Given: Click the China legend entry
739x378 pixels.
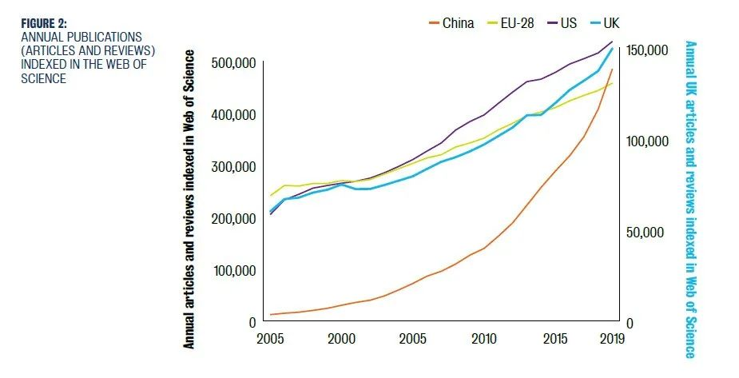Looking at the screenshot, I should [451, 22].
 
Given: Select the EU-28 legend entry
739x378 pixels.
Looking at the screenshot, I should [511, 22].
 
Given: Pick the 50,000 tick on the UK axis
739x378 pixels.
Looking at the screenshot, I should [646, 233].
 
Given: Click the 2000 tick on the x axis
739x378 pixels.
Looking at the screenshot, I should [342, 339].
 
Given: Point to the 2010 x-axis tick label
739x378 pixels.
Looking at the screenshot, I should [483, 339].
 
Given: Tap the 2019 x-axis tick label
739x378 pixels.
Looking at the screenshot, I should [612, 339].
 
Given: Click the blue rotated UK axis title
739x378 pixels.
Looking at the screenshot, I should [690, 200].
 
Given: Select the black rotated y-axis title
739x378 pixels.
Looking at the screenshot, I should [189, 200].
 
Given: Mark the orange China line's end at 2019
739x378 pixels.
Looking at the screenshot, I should [612, 70].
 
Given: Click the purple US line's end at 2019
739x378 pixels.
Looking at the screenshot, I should [612, 42].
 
